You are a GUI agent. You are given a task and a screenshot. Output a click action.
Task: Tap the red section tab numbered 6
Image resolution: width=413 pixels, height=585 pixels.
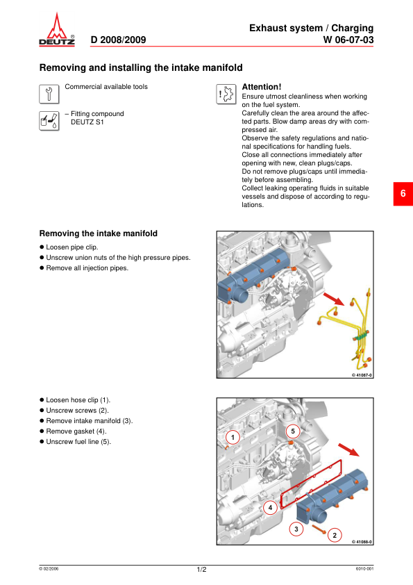point(403,194)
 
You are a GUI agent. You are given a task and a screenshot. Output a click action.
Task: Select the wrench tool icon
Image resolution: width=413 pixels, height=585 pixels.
point(49,94)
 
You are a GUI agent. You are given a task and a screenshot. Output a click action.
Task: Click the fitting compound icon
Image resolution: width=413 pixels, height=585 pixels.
point(49,121)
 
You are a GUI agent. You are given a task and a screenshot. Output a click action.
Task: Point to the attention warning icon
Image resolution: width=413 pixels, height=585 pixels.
point(226,94)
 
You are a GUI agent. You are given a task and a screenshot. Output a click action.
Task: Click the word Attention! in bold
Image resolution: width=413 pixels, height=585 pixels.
point(262,87)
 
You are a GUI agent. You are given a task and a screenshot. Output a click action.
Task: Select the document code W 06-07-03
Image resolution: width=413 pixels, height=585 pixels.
point(348,40)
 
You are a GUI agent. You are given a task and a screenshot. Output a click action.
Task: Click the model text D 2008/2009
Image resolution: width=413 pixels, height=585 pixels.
point(118,40)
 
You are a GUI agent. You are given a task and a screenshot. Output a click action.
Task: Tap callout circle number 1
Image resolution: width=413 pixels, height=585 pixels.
point(233,437)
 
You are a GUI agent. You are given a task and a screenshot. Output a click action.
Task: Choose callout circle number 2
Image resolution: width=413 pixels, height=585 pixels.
point(335,536)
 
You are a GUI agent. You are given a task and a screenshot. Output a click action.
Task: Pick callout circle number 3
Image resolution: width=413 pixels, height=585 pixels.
point(296,529)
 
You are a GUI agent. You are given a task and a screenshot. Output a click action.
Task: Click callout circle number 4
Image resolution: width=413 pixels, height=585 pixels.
point(270,507)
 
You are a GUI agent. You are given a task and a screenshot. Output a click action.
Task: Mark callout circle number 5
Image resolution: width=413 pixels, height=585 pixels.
point(293,431)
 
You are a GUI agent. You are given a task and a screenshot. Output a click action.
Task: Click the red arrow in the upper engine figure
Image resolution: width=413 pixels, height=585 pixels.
point(334,299)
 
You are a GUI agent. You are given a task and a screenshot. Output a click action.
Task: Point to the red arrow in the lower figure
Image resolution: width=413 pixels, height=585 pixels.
point(349,450)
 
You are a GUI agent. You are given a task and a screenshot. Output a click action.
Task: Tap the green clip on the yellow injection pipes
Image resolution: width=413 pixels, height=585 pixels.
point(360,336)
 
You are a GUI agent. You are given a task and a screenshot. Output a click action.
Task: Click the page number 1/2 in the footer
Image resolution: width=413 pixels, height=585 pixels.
point(202,569)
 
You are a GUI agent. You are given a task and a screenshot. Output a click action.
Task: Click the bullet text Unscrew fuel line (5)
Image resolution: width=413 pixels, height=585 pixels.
point(78,442)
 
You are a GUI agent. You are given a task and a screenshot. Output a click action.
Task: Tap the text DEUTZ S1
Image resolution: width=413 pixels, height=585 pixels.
point(87,122)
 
